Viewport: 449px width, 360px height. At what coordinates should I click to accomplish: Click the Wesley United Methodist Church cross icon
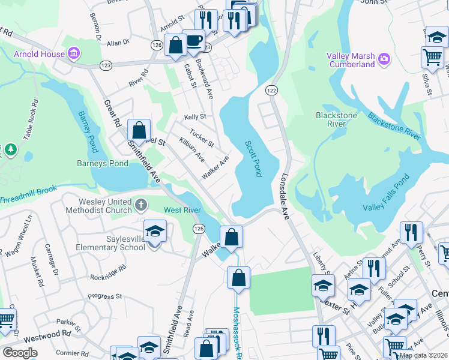point(140,205)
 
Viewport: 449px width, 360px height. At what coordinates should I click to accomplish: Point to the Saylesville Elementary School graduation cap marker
point(154,230)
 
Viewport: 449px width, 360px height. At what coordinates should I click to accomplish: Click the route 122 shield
point(272,89)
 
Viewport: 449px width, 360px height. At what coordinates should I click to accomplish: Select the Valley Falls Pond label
point(386,193)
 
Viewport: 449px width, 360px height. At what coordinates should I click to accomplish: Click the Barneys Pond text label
point(102,163)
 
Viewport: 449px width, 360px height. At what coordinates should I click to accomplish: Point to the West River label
point(182,210)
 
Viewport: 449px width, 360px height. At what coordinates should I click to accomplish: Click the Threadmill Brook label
point(28,194)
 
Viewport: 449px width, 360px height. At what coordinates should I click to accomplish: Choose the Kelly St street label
point(195,117)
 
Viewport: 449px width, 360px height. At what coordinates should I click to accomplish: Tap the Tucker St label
point(202,139)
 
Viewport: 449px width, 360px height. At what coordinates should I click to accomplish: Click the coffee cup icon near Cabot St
point(193,41)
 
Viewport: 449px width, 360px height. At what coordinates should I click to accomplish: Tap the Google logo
point(20,353)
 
